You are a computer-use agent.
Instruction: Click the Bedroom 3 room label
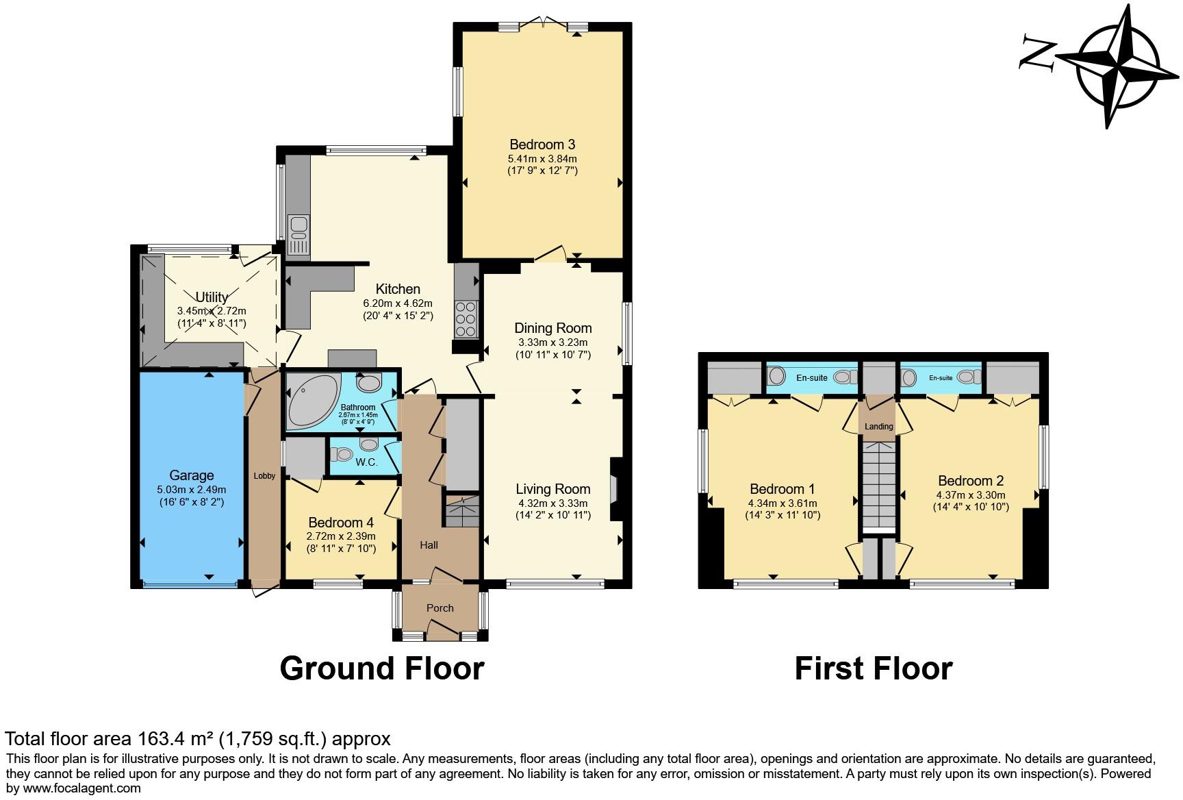(x=542, y=145)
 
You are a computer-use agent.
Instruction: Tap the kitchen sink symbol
(x=299, y=236)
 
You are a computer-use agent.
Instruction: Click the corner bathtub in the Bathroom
(x=311, y=403)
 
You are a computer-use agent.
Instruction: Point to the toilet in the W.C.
(x=342, y=454)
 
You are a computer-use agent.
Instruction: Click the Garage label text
(x=192, y=475)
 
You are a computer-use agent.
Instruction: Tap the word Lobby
(x=264, y=476)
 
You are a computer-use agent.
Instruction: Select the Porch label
(x=440, y=608)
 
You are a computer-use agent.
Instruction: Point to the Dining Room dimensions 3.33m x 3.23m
(x=552, y=342)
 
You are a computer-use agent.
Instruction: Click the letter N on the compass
(x=1038, y=53)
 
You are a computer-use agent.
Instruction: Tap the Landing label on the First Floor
(x=878, y=427)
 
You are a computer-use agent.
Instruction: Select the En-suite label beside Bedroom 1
(x=811, y=377)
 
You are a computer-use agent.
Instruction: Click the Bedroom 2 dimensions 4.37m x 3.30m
(x=970, y=495)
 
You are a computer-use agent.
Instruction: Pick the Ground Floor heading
(x=381, y=668)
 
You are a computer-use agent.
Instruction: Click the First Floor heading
(x=873, y=668)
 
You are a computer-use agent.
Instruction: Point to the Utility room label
(x=212, y=297)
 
